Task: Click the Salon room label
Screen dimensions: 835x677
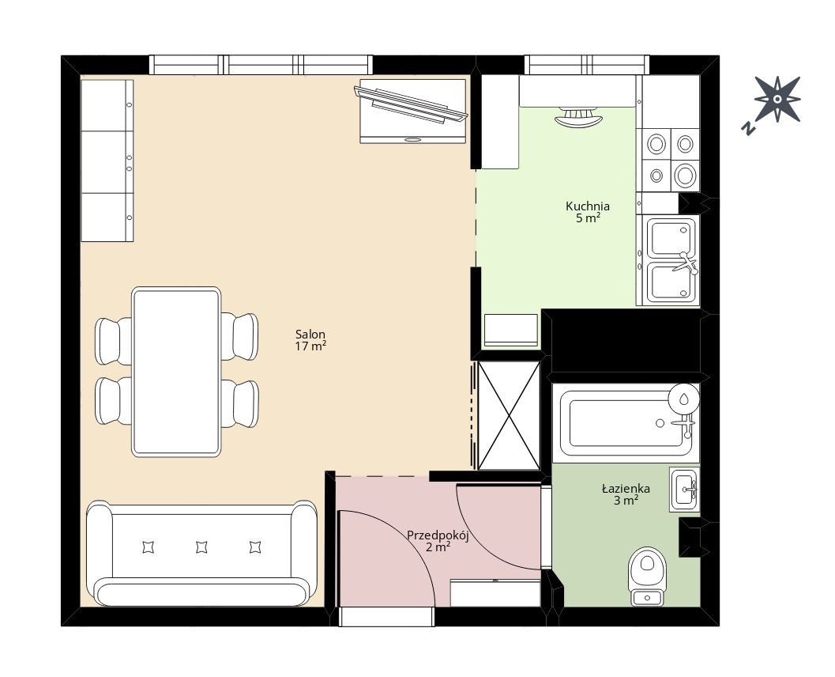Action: (x=310, y=340)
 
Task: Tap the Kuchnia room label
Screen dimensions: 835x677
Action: (x=588, y=212)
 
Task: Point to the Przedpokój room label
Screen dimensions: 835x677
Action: (x=438, y=540)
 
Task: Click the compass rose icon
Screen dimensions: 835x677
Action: (x=777, y=99)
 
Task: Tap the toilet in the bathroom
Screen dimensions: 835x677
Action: (x=647, y=576)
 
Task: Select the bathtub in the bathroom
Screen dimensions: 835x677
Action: (x=626, y=422)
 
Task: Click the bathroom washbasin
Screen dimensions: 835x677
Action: (x=685, y=490)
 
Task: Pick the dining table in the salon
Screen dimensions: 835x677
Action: (x=176, y=372)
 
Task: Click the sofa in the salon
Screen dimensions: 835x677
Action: (x=201, y=554)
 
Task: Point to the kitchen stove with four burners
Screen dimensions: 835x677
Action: (x=671, y=160)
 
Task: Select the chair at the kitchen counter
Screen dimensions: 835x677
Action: (x=578, y=117)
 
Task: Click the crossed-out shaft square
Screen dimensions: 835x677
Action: (x=509, y=416)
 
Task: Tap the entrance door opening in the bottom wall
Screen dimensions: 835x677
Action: (x=387, y=618)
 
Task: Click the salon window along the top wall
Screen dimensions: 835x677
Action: (x=261, y=65)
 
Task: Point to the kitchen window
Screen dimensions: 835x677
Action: (x=587, y=65)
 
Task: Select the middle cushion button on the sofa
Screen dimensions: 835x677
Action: (x=201, y=547)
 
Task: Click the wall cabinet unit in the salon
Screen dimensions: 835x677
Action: (x=107, y=161)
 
